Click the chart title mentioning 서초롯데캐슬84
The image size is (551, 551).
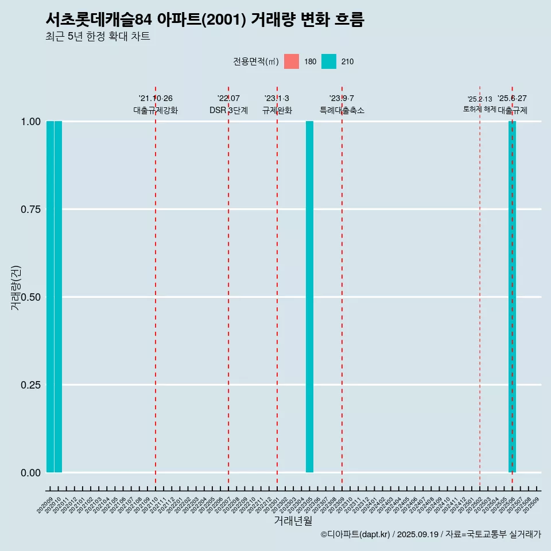coord(204,20)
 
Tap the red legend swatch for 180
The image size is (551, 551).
coord(292,61)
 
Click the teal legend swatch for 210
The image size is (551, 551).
coord(329,61)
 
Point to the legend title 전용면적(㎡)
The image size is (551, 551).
coord(256,61)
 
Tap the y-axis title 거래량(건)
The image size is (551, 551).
coord(16,287)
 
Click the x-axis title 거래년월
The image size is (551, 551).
coord(293,521)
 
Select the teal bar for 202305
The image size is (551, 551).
coord(309,297)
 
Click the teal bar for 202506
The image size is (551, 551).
coord(512,297)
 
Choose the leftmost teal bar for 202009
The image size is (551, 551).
coord(50,297)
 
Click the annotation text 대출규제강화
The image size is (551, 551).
coord(156,110)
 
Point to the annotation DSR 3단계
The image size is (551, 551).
coord(228,110)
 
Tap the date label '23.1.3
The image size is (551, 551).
coord(277,99)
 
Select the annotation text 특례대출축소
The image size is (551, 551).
coord(342,110)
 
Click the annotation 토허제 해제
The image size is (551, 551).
coord(479,109)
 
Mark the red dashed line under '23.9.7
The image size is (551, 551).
coord(342,287)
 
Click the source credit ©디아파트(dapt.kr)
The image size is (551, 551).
coord(355,534)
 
